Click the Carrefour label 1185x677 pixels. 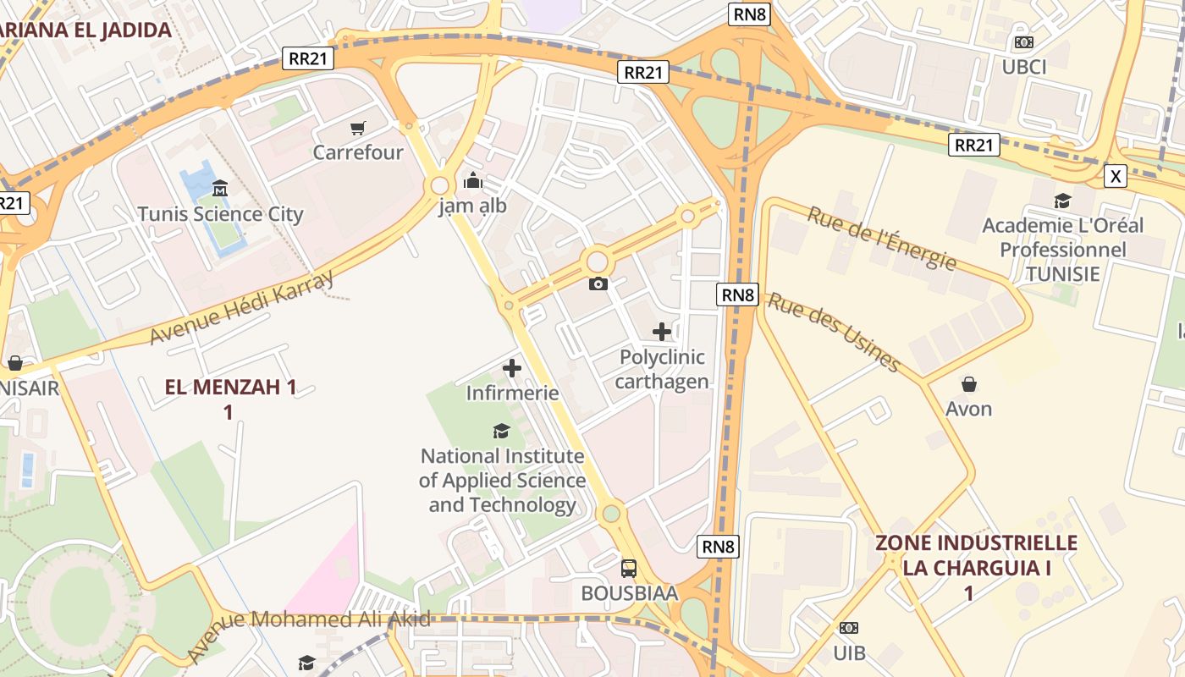click(x=358, y=153)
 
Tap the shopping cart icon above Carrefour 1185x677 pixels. click(x=358, y=129)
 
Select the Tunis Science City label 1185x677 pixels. click(x=220, y=214)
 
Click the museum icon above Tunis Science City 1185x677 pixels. click(x=220, y=188)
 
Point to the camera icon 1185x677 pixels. click(x=598, y=283)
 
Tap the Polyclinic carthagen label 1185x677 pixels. click(x=662, y=370)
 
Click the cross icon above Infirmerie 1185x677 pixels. click(x=512, y=368)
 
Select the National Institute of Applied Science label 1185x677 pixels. click(x=503, y=481)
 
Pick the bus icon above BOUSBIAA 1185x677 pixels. click(x=629, y=568)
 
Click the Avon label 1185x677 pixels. click(x=969, y=410)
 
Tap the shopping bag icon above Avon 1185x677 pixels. click(x=969, y=384)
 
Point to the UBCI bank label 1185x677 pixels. click(x=1024, y=67)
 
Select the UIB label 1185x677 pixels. click(x=849, y=652)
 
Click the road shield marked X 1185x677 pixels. click(x=1116, y=176)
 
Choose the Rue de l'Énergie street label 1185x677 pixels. click(x=881, y=238)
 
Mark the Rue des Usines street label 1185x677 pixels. click(x=833, y=332)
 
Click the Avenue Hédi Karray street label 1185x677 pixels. click(x=242, y=308)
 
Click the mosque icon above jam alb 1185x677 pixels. click(x=472, y=180)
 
